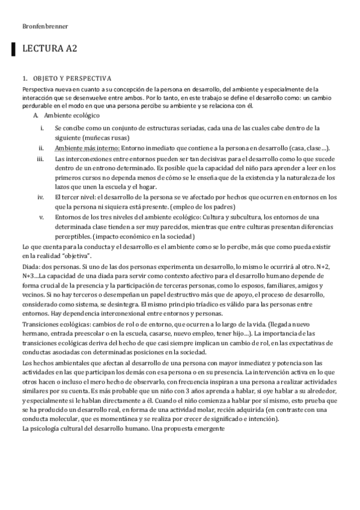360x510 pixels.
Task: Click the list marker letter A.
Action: click(x=36, y=115)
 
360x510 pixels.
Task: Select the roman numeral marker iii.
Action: click(x=40, y=159)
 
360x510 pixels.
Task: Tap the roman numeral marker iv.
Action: click(x=40, y=197)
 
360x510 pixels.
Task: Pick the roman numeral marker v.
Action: click(x=41, y=217)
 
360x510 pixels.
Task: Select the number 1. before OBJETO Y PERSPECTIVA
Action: click(x=24, y=78)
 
